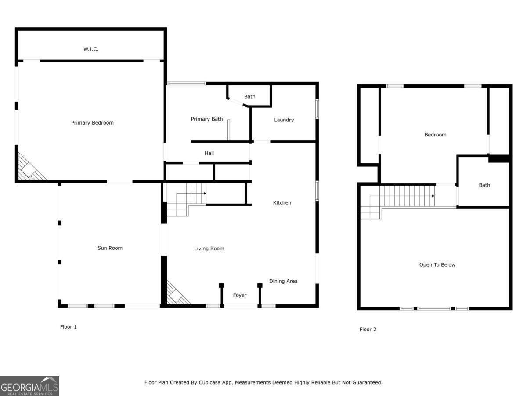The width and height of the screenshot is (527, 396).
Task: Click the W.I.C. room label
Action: point(91,49)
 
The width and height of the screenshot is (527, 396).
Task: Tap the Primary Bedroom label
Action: point(92,123)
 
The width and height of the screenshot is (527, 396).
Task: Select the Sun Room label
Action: point(110,248)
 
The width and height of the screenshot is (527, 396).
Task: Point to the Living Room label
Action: point(209,249)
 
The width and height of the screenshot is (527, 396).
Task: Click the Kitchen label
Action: point(282,203)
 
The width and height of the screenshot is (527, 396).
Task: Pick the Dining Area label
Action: point(283,281)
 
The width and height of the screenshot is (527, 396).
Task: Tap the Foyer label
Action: point(240,295)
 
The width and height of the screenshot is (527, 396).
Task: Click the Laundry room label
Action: point(284,120)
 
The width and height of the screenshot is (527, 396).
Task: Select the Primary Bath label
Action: point(206,119)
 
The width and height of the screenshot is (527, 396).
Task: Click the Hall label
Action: point(209,153)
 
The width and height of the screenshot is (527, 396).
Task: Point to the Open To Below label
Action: point(437,265)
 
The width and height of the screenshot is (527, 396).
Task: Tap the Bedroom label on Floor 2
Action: point(435,135)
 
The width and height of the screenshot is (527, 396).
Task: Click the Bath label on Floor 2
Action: point(484,185)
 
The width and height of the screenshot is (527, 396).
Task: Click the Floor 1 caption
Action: point(69,327)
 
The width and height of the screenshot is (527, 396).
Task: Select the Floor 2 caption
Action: point(368,330)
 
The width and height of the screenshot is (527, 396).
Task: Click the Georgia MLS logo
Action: point(29,386)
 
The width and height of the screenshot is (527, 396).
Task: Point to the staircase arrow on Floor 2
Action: point(433,196)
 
